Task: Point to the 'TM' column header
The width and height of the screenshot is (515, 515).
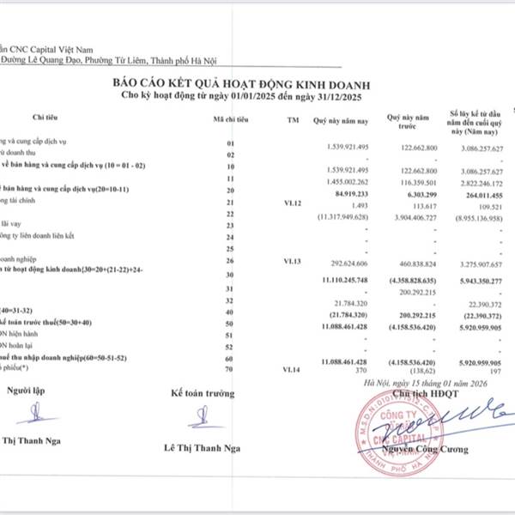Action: click(294, 119)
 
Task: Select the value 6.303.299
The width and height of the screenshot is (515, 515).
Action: click(420, 193)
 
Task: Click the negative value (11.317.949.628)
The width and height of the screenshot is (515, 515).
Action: click(342, 216)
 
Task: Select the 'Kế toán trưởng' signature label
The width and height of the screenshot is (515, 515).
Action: click(202, 392)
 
